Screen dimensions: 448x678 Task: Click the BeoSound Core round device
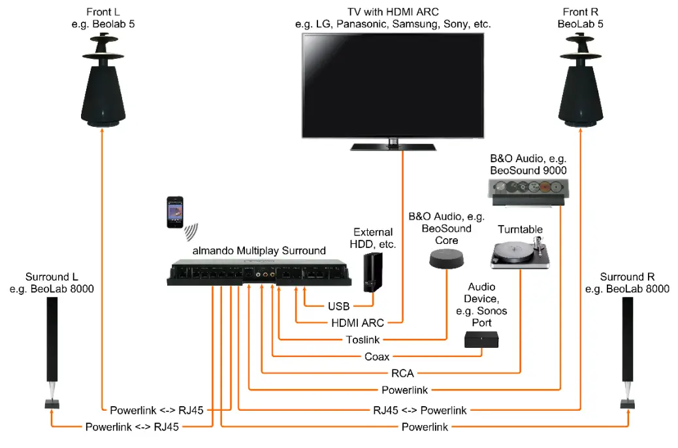point(447,260)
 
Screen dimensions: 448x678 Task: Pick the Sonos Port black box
point(481,339)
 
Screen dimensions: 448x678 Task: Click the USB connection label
point(339,305)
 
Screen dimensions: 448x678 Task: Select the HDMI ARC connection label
point(358,322)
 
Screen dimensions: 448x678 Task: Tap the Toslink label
point(362,339)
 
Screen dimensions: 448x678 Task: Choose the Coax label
point(377,356)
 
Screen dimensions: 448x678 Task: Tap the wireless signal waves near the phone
point(191,232)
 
